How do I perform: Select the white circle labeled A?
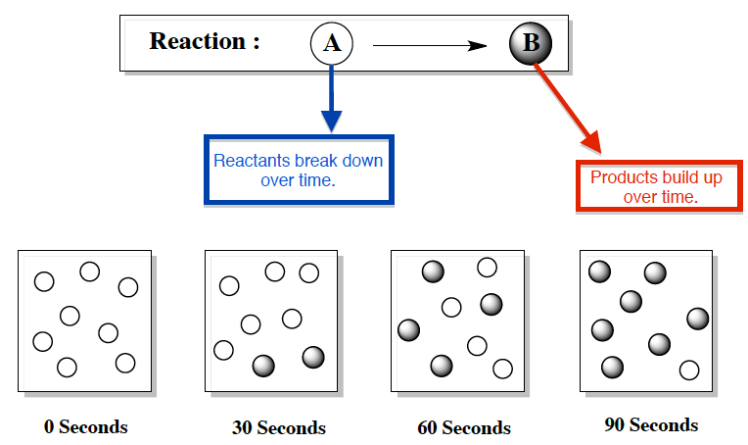coord(331,43)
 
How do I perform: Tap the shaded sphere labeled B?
coord(531,43)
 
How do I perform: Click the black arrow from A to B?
coord(431,44)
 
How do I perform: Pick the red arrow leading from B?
coord(568,108)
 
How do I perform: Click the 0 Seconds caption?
coord(85,427)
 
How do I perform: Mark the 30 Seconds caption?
coord(278,428)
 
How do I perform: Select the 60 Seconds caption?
coord(463,428)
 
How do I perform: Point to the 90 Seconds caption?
coord(651,425)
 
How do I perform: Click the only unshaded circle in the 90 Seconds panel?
coord(689,370)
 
